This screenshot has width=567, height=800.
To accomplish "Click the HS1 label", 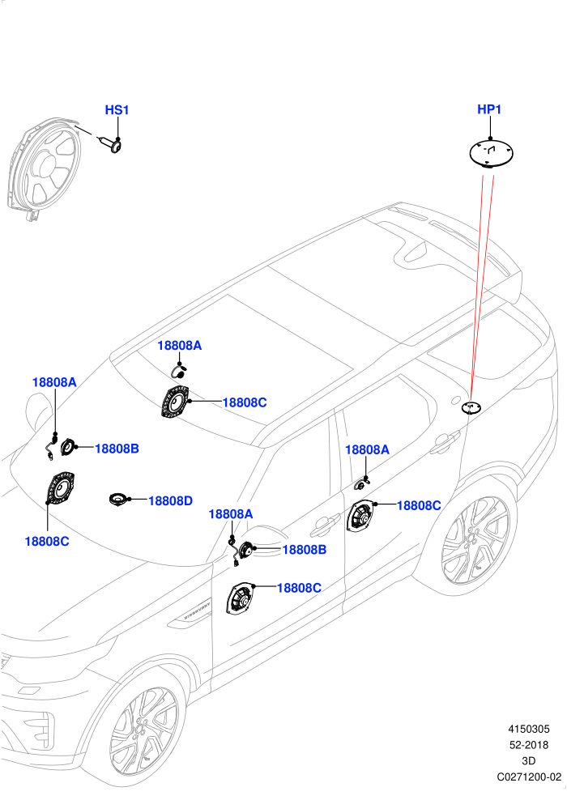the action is click(x=117, y=109).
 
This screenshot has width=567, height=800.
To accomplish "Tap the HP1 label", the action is click(x=489, y=109).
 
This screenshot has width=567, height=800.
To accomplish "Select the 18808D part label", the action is click(x=170, y=501).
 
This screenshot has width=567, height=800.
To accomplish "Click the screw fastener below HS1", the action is click(x=112, y=144).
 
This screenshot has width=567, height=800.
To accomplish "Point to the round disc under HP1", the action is click(x=491, y=152).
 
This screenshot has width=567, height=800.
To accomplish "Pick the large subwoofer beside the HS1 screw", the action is click(x=44, y=168).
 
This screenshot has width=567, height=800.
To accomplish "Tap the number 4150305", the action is click(x=528, y=729).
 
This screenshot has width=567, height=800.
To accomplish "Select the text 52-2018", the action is click(x=529, y=745).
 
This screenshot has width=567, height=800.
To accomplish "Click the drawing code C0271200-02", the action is click(x=529, y=777).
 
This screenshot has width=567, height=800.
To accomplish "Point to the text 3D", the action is click(x=529, y=760).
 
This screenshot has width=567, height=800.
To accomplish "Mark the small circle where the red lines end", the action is click(x=471, y=407).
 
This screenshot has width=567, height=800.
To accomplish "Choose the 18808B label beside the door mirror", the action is click(x=305, y=550).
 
